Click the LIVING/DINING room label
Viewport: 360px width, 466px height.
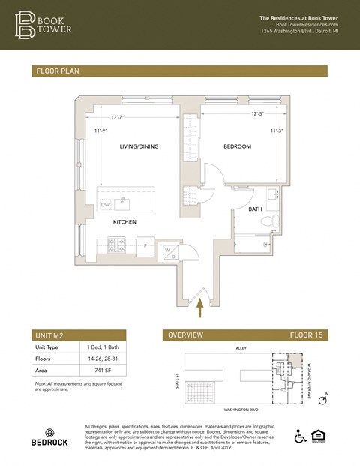[x=139, y=146]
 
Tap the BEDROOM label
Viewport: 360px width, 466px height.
[x=237, y=146]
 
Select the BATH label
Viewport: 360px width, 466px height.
[x=255, y=209]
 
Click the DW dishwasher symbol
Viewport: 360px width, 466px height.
[x=105, y=204]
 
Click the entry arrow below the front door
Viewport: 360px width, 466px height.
[x=199, y=304]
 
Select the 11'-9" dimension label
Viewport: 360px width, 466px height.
[x=102, y=131]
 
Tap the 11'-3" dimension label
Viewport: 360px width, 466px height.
[x=276, y=131]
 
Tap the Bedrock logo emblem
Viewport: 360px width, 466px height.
[x=49, y=434]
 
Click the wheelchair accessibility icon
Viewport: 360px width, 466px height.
[x=301, y=436]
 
